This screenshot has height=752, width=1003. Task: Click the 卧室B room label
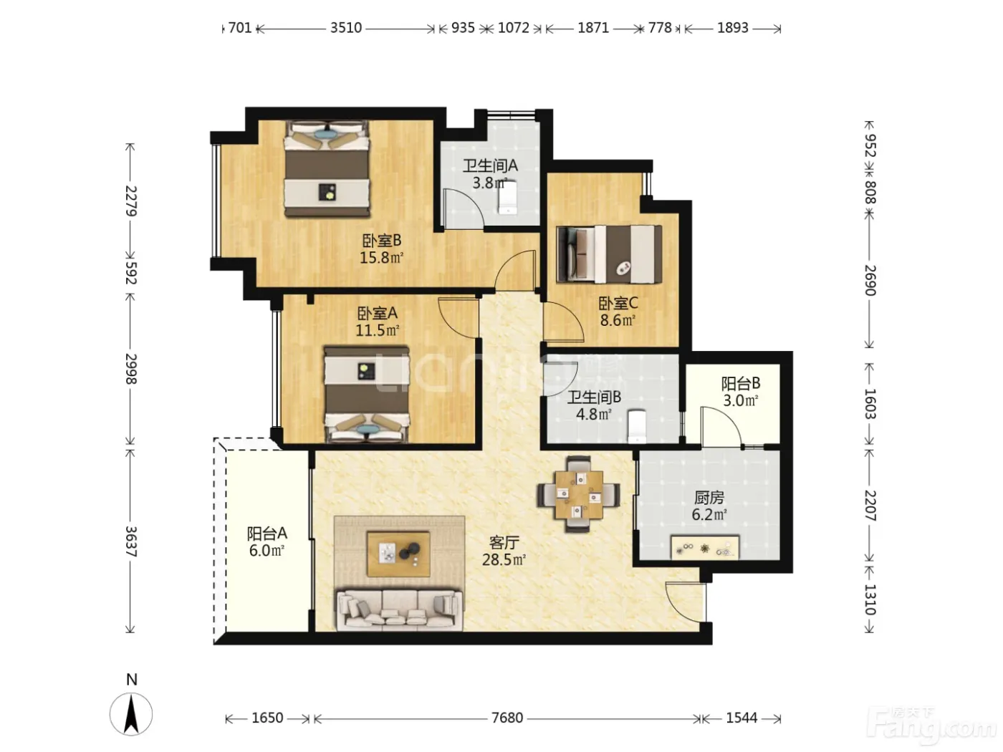(382, 240)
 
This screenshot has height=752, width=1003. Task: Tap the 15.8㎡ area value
(382, 258)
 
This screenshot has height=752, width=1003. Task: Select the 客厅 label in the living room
(504, 542)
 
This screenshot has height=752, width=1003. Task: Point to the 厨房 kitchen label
(709, 497)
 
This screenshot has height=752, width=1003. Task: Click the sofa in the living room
(398, 610)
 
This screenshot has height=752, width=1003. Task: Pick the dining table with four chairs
(578, 494)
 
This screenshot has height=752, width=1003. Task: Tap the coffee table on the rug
(398, 554)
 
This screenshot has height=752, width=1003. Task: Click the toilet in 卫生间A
(507, 198)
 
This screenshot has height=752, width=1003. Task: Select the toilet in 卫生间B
(636, 427)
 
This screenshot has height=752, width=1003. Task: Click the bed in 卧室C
(609, 254)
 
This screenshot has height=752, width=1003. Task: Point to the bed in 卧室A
(367, 395)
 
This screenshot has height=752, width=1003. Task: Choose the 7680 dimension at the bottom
(507, 718)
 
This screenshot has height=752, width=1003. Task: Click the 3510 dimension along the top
(346, 29)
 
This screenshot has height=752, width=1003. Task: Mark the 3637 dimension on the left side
(130, 541)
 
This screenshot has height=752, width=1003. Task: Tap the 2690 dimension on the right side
(870, 280)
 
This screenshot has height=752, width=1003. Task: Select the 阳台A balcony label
(267, 533)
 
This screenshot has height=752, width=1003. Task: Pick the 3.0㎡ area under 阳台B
(741, 401)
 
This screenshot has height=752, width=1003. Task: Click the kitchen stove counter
(704, 547)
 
